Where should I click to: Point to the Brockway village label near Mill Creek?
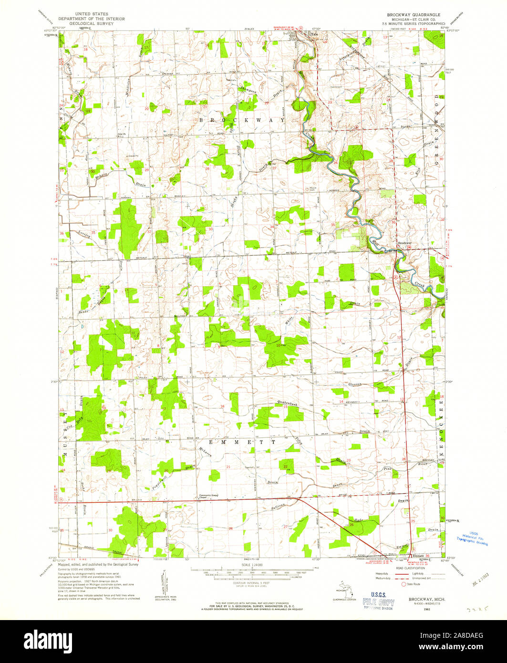click(404, 244)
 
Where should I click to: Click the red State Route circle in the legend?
click(404, 584)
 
